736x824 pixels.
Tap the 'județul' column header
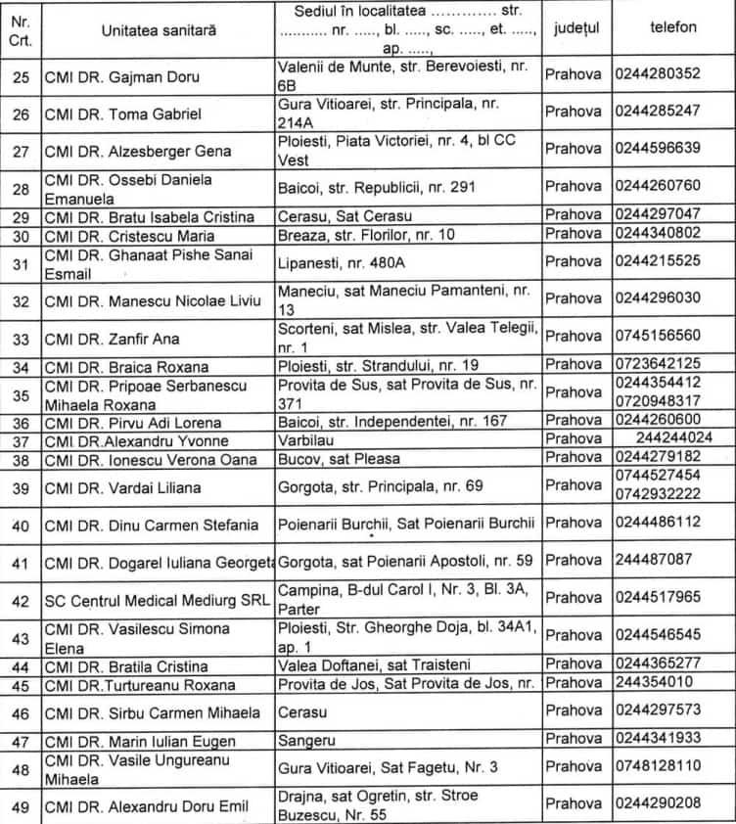tap(576, 29)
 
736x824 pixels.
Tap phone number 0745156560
tap(658, 335)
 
